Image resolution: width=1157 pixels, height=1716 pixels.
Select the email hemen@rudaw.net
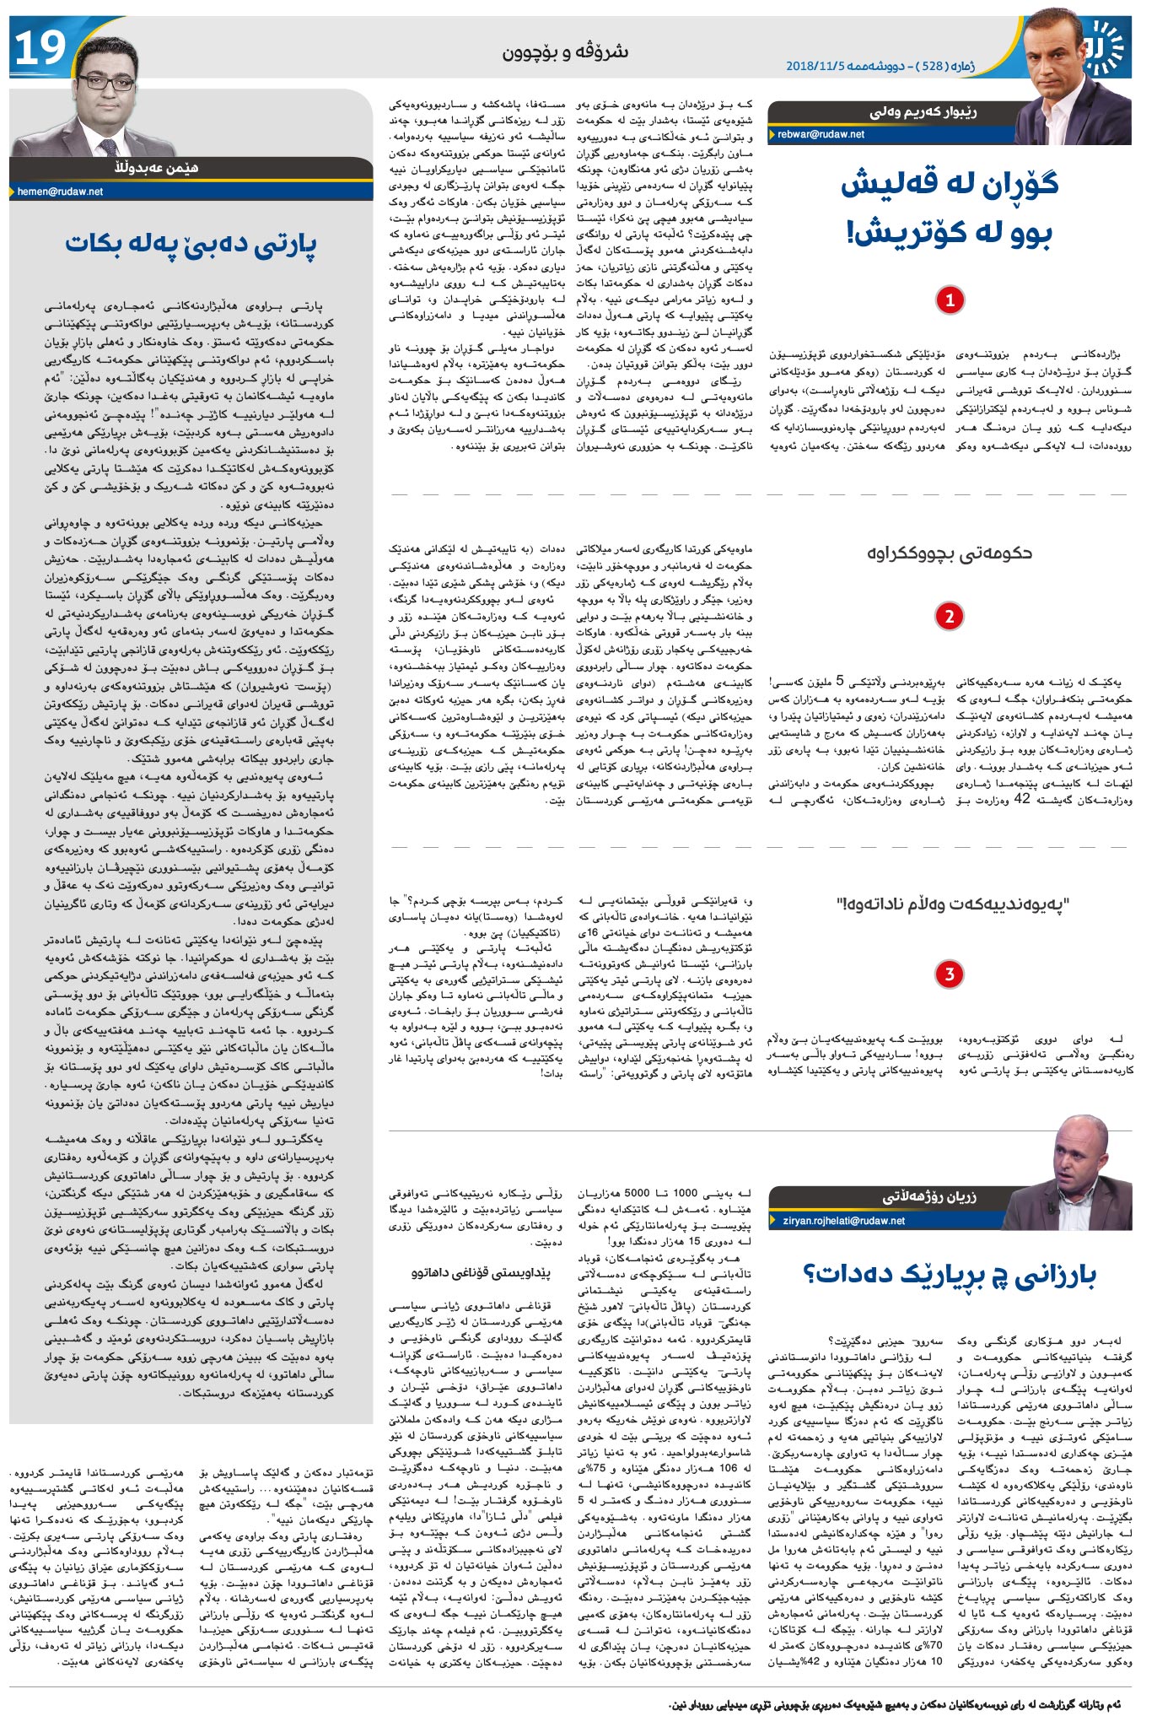click(x=60, y=192)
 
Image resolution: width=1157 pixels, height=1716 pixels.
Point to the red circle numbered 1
click(x=950, y=299)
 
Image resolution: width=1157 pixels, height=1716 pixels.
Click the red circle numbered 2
click(x=950, y=616)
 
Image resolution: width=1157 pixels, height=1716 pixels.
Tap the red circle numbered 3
click(x=950, y=974)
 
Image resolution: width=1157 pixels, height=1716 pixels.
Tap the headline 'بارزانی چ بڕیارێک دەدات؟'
click(x=950, y=1276)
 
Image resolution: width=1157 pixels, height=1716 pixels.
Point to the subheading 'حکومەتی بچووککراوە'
click(x=950, y=553)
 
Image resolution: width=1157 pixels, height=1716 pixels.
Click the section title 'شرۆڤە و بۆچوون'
click(x=566, y=52)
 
